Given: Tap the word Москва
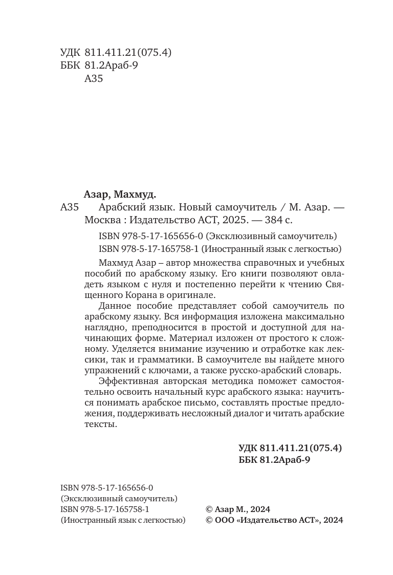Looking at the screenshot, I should pyautogui.click(x=101, y=220).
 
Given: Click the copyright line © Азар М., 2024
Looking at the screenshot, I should pyautogui.click(x=237, y=509).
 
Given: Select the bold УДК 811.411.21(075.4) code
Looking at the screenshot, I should pyautogui.click(x=290, y=448).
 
